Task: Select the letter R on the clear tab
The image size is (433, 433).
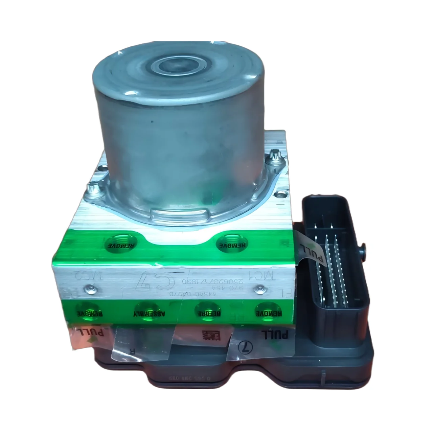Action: [132, 350]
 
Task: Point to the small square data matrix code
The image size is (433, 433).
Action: [210, 336]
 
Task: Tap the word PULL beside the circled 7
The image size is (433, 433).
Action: [275, 335]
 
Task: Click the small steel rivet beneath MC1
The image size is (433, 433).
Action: [259, 288]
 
